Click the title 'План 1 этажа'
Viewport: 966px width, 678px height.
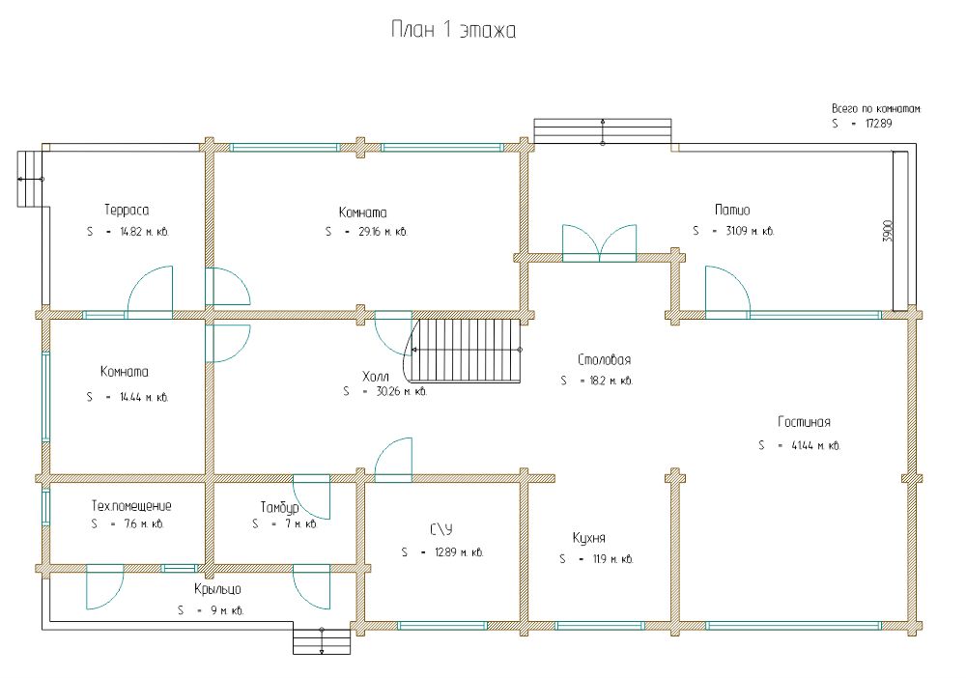(x=453, y=31)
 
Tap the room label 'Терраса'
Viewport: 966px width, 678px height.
(x=127, y=209)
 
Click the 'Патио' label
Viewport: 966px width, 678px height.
(x=732, y=209)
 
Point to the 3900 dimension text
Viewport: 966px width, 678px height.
(x=888, y=231)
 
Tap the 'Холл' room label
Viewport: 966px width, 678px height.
(x=375, y=375)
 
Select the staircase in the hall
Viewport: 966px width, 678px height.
(x=468, y=350)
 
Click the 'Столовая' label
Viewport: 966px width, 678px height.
(x=604, y=359)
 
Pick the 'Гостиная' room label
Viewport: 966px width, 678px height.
(x=804, y=421)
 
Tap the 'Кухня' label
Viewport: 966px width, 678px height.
(x=588, y=538)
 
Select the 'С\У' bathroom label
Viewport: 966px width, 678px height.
(x=440, y=529)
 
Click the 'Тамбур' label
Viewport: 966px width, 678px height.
(x=279, y=507)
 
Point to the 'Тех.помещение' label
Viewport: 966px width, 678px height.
(x=131, y=506)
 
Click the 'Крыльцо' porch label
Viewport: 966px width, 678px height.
(x=216, y=588)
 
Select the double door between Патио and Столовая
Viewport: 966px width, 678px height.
(x=600, y=241)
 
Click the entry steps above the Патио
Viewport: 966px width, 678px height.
(x=603, y=131)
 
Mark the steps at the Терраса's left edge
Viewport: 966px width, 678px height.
(x=30, y=179)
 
